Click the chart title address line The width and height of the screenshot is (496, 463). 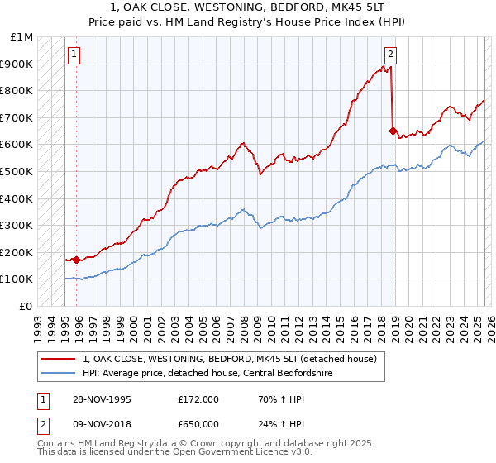coord(248,7)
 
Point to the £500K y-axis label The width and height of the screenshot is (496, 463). coord(18,172)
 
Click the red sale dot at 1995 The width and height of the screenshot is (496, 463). coord(77,260)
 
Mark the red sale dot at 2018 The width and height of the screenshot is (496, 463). coord(393,131)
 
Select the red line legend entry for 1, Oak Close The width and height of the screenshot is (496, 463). coord(229,359)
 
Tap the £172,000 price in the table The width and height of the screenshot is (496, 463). coord(198,399)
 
